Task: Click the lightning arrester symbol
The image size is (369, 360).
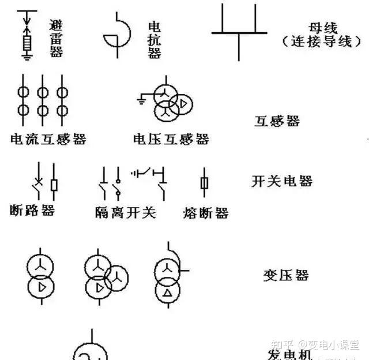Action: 26,35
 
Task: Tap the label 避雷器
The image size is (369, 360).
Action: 56,36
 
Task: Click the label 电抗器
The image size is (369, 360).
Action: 155,39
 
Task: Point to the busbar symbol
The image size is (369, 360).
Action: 239,32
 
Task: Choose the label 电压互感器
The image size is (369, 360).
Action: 171,139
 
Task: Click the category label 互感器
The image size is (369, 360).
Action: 277,121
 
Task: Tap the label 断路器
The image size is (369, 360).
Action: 32,211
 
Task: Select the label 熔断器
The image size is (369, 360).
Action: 205,213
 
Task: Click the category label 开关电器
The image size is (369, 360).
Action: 282,181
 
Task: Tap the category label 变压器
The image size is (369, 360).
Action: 286,275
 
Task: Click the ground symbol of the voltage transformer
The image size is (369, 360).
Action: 141,102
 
